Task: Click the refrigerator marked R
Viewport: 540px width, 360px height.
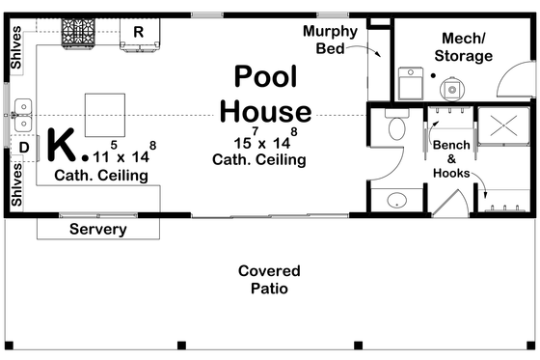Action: (x=139, y=33)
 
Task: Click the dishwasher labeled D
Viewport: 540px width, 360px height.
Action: (x=24, y=147)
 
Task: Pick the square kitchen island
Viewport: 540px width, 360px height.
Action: (x=105, y=115)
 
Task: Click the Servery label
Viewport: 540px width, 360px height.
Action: (x=97, y=230)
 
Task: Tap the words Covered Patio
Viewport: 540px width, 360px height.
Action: (x=269, y=280)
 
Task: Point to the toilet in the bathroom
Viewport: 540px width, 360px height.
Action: (x=395, y=127)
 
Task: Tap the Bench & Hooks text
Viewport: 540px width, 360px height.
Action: (x=451, y=159)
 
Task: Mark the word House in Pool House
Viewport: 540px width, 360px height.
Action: (x=265, y=111)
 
